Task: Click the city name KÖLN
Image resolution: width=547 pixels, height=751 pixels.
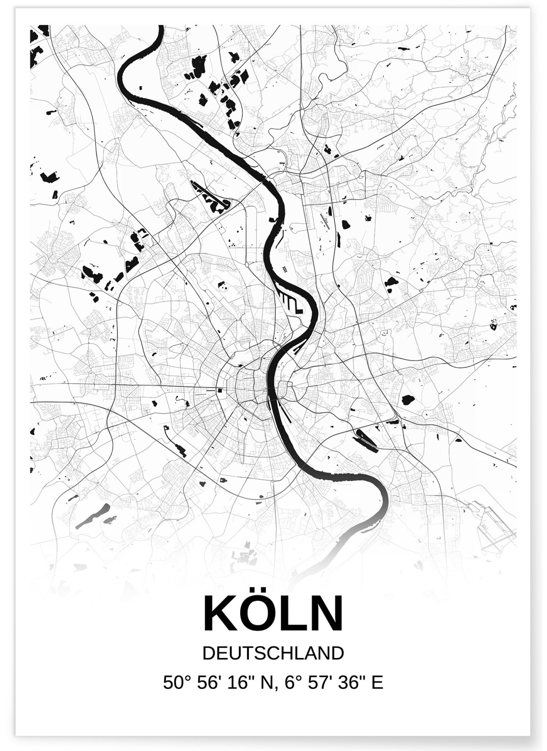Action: click(273, 613)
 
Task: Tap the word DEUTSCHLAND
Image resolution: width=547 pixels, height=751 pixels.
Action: click(273, 653)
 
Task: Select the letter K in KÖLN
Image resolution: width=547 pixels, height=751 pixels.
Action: click(221, 614)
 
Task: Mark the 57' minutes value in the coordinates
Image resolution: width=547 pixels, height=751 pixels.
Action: click(317, 683)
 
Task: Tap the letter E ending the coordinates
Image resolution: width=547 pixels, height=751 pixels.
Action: click(377, 683)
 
